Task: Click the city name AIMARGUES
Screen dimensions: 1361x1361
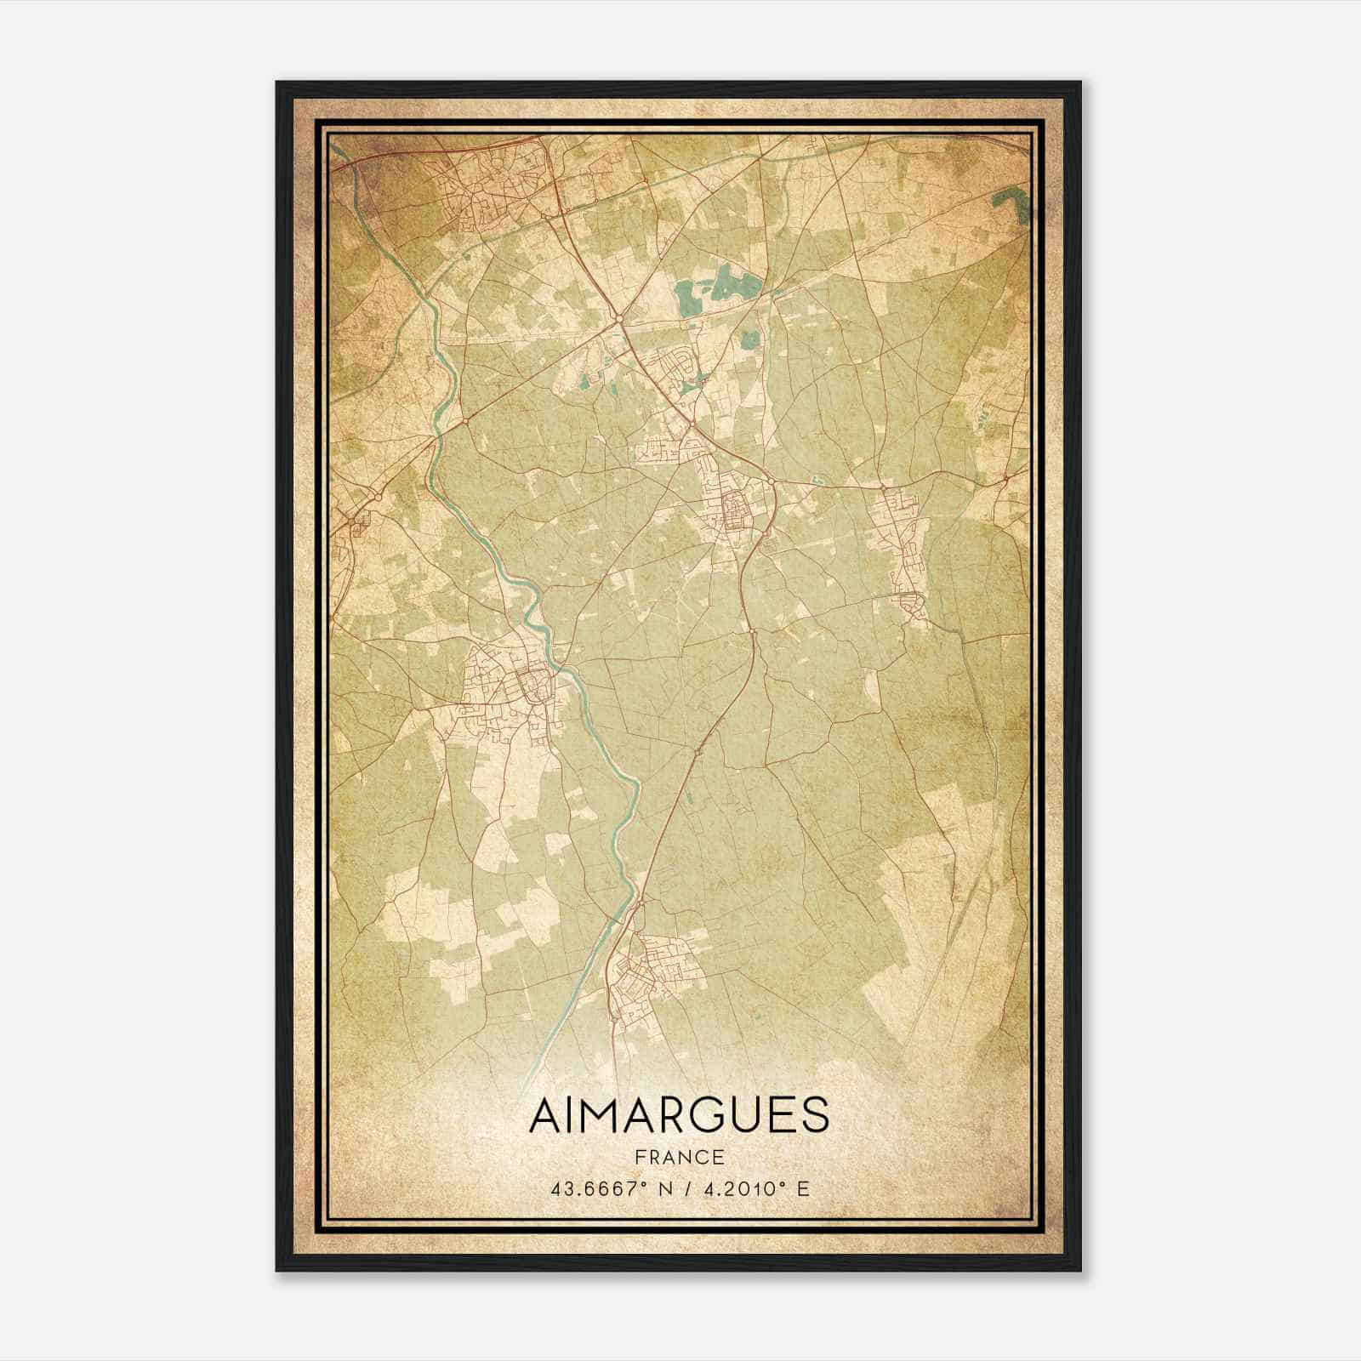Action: [x=678, y=1115]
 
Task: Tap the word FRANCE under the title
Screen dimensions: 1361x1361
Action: [x=678, y=1158]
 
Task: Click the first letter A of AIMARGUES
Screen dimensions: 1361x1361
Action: [x=544, y=1115]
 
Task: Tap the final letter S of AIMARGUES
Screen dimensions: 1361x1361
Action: [x=814, y=1115]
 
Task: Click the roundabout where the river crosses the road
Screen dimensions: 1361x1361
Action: [x=466, y=421]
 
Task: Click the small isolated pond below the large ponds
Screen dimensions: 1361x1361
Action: [x=749, y=340]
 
